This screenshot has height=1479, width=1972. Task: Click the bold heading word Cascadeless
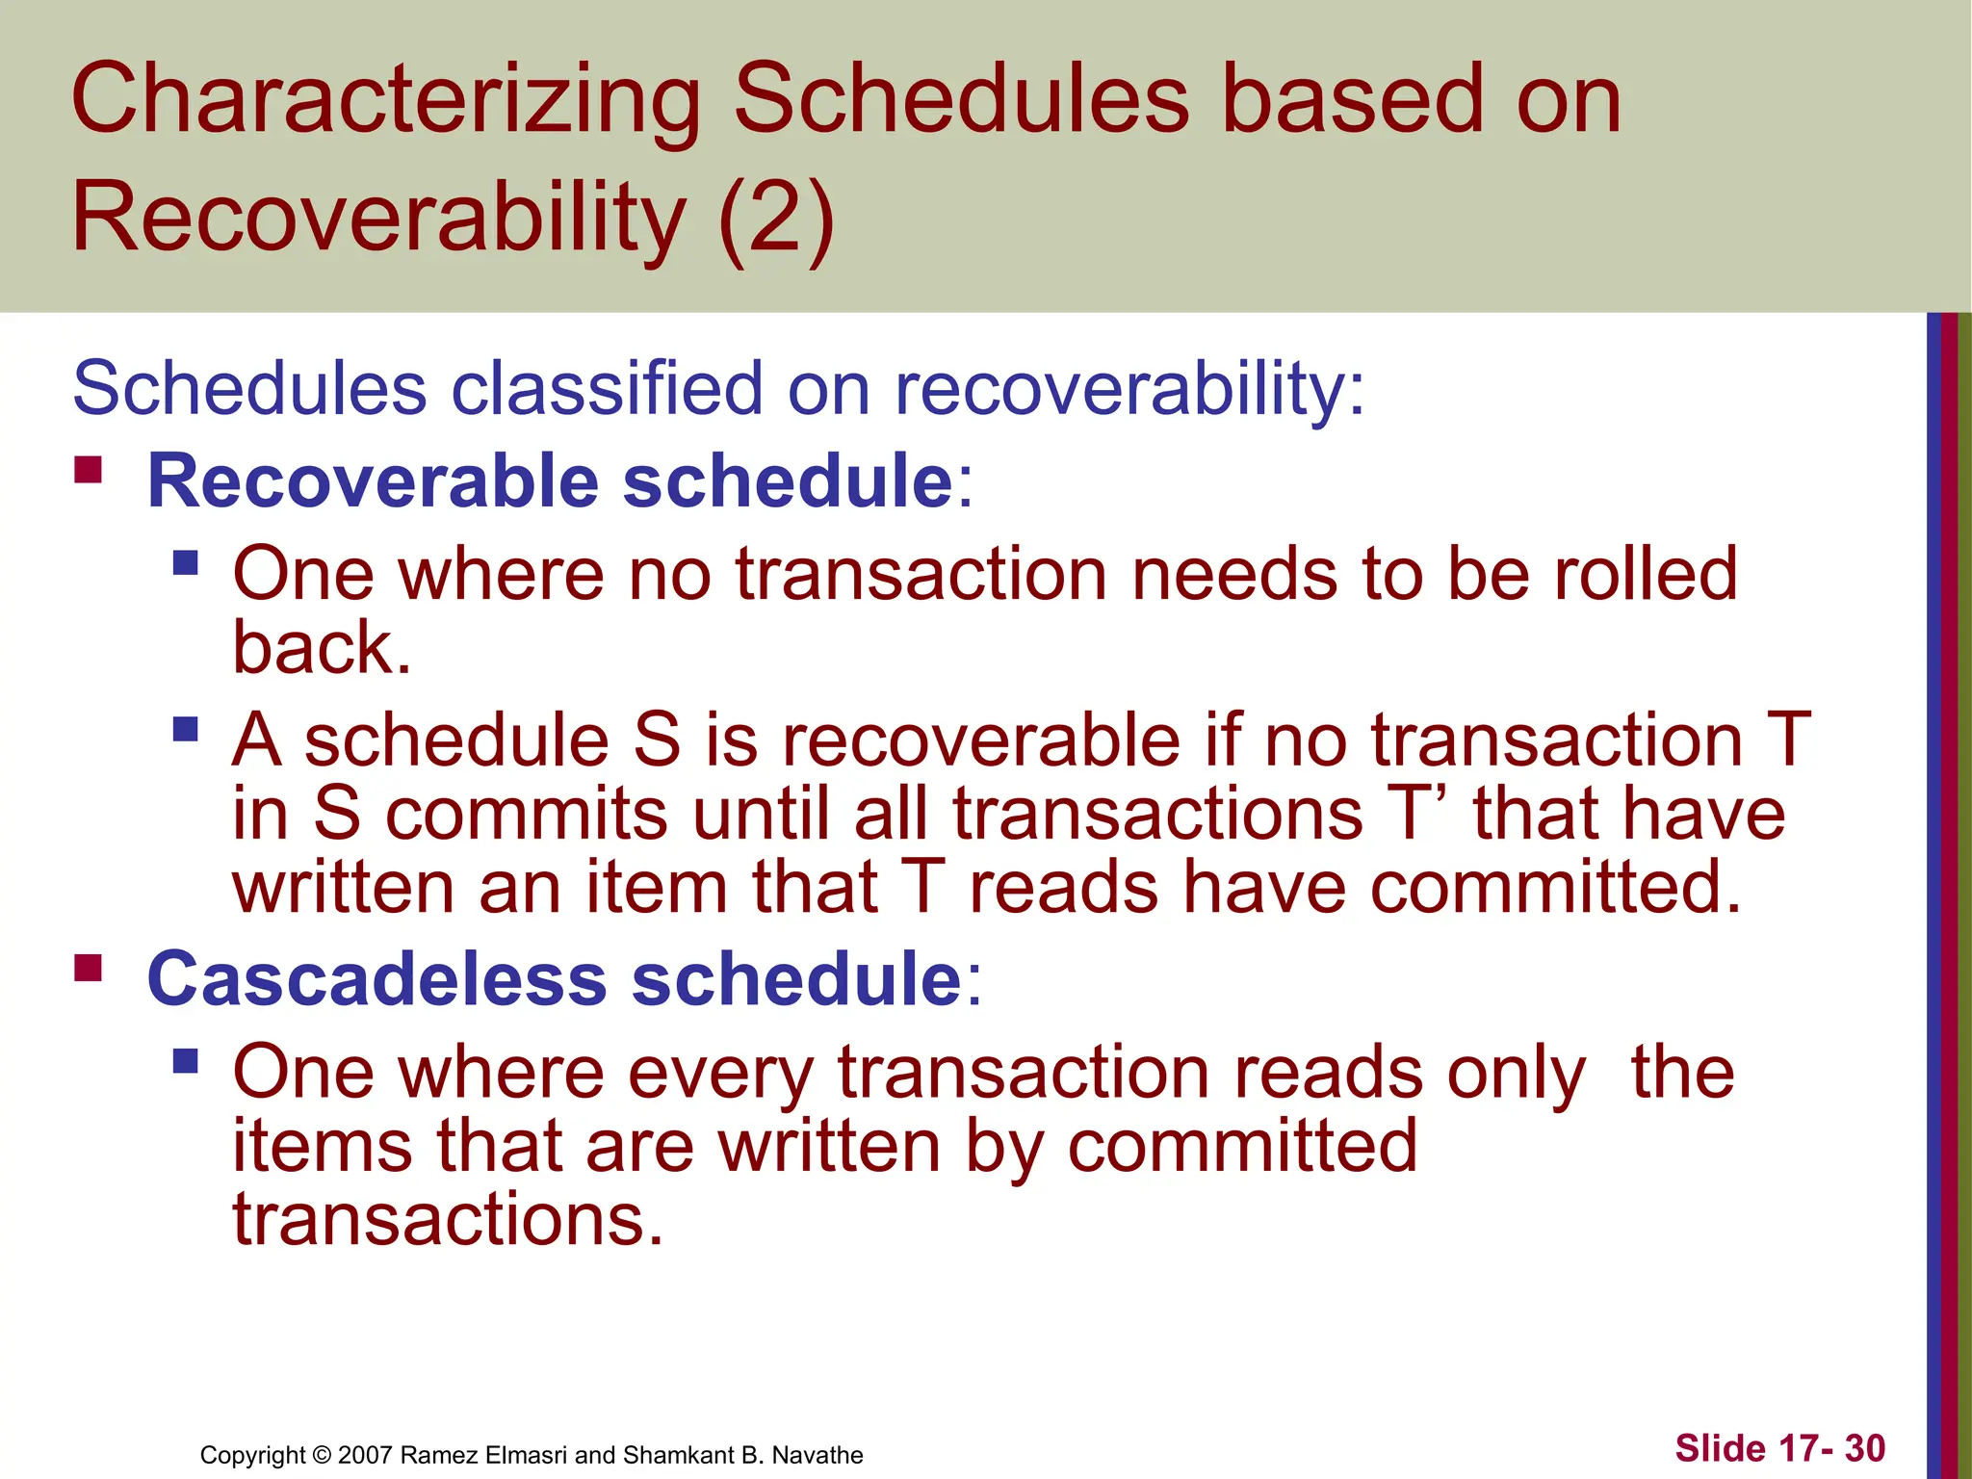[376, 979]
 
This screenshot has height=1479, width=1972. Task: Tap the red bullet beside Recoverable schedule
[88, 470]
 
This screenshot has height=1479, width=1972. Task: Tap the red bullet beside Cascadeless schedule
[88, 967]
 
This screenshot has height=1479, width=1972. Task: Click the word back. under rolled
[322, 647]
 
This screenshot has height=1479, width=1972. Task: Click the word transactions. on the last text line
[448, 1219]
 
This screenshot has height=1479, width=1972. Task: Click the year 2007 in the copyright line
[366, 1455]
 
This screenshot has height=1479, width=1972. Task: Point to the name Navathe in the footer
[817, 1455]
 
